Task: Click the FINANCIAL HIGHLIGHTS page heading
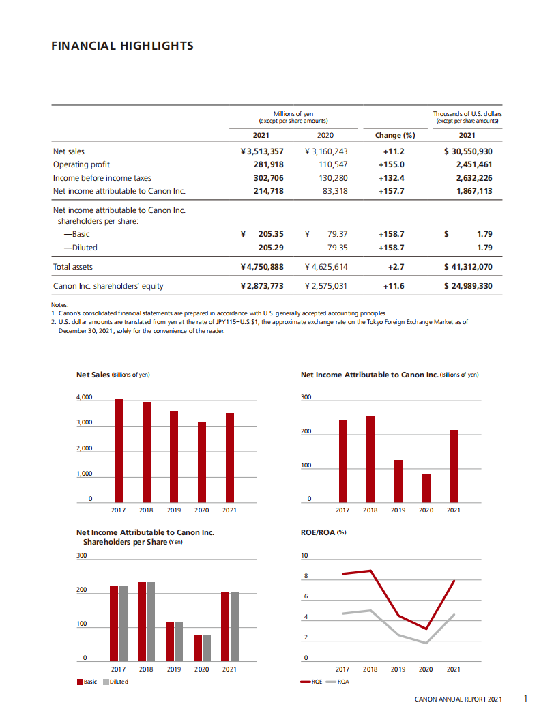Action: click(122, 46)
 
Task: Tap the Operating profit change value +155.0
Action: click(391, 164)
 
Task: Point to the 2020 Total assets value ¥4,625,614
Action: click(326, 267)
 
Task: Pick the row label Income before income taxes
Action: click(102, 177)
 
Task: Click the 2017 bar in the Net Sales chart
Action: click(119, 450)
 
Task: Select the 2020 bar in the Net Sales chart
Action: click(202, 462)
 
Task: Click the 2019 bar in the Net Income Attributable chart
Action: click(398, 481)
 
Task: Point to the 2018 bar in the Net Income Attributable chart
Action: click(370, 459)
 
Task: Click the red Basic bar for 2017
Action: click(114, 623)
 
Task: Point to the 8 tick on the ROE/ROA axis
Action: click(306, 577)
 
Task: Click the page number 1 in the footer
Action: click(525, 698)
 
